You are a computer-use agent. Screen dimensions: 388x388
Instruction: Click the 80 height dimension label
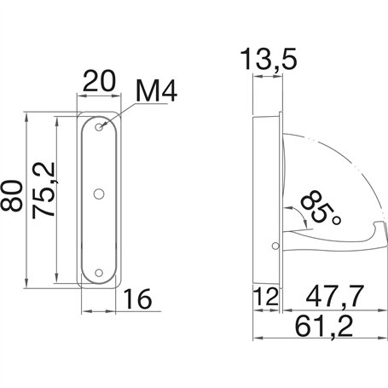11,196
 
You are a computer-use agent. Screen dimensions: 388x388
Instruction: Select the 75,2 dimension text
43,190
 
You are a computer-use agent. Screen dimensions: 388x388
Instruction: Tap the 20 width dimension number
99,81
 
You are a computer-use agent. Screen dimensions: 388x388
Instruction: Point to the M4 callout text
156,91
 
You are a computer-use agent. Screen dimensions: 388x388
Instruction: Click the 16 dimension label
137,298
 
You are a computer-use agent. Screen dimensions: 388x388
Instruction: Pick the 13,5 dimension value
269,59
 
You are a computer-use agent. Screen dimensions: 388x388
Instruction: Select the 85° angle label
321,208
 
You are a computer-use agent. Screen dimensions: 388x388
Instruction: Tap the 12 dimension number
265,296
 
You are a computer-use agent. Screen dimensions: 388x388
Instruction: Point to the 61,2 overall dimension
324,327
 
